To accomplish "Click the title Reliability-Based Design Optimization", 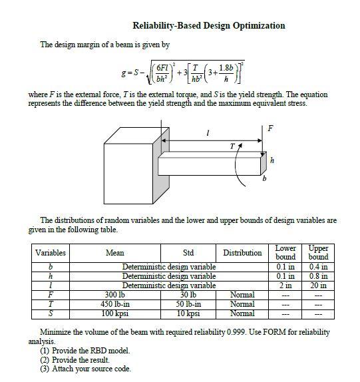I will click(x=209, y=26).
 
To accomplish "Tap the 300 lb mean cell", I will click(x=115, y=294).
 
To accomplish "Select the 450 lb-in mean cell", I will click(x=115, y=303).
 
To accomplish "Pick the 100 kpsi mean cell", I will click(x=115, y=313).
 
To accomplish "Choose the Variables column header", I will click(x=51, y=253).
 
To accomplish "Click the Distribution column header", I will click(x=242, y=253).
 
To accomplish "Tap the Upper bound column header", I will click(x=318, y=252).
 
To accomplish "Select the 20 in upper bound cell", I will click(x=318, y=285).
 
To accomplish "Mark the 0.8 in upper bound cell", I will click(x=318, y=276).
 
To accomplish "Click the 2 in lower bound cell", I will click(x=285, y=285).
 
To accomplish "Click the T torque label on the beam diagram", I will click(x=232, y=143).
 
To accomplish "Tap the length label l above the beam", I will click(x=209, y=134).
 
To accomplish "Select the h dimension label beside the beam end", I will click(x=271, y=160).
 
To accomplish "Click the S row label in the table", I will click(x=51, y=313).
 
